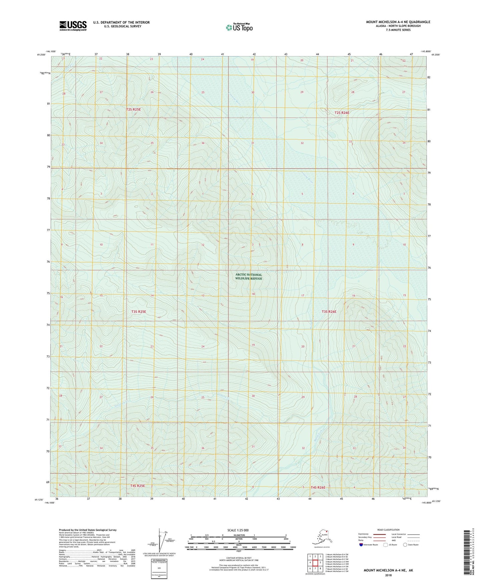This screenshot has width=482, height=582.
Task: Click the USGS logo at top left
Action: click(73, 26)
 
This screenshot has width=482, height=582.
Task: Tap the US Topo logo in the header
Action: click(239, 27)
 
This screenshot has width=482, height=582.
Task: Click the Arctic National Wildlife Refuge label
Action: click(249, 276)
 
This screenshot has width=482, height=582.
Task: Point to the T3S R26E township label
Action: click(329, 312)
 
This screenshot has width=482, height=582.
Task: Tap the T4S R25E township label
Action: click(137, 486)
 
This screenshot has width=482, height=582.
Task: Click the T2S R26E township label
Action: click(342, 113)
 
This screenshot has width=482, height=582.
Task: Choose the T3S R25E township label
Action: click(139, 312)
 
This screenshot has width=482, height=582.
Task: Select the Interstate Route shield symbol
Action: click(361, 545)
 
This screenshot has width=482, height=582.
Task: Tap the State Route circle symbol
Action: click(405, 545)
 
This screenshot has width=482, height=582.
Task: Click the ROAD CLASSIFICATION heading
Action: click(388, 530)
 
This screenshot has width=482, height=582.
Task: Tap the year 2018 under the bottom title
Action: click(388, 575)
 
